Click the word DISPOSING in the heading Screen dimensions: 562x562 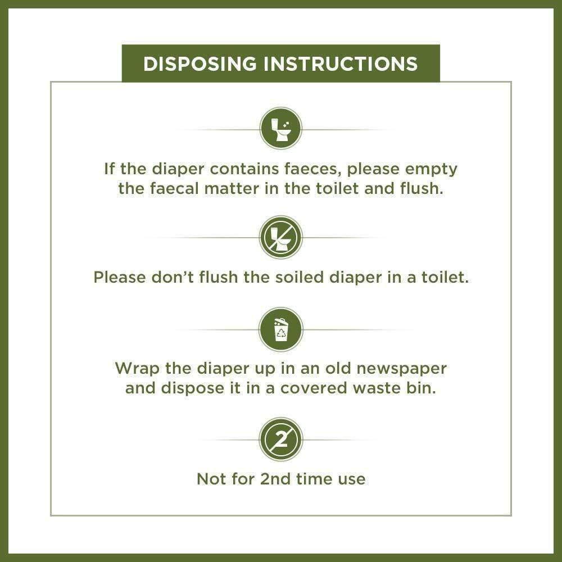coord(200,64)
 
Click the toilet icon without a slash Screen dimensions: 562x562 coord(280,129)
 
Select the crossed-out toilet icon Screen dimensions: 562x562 coord(280,237)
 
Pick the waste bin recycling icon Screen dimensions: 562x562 coord(280,329)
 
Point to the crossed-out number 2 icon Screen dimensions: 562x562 coord(280,439)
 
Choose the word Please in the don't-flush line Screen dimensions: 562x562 coord(119,278)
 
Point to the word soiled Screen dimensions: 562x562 coord(300,278)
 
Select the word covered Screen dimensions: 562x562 coord(314,388)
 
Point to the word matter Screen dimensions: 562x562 coord(232,188)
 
